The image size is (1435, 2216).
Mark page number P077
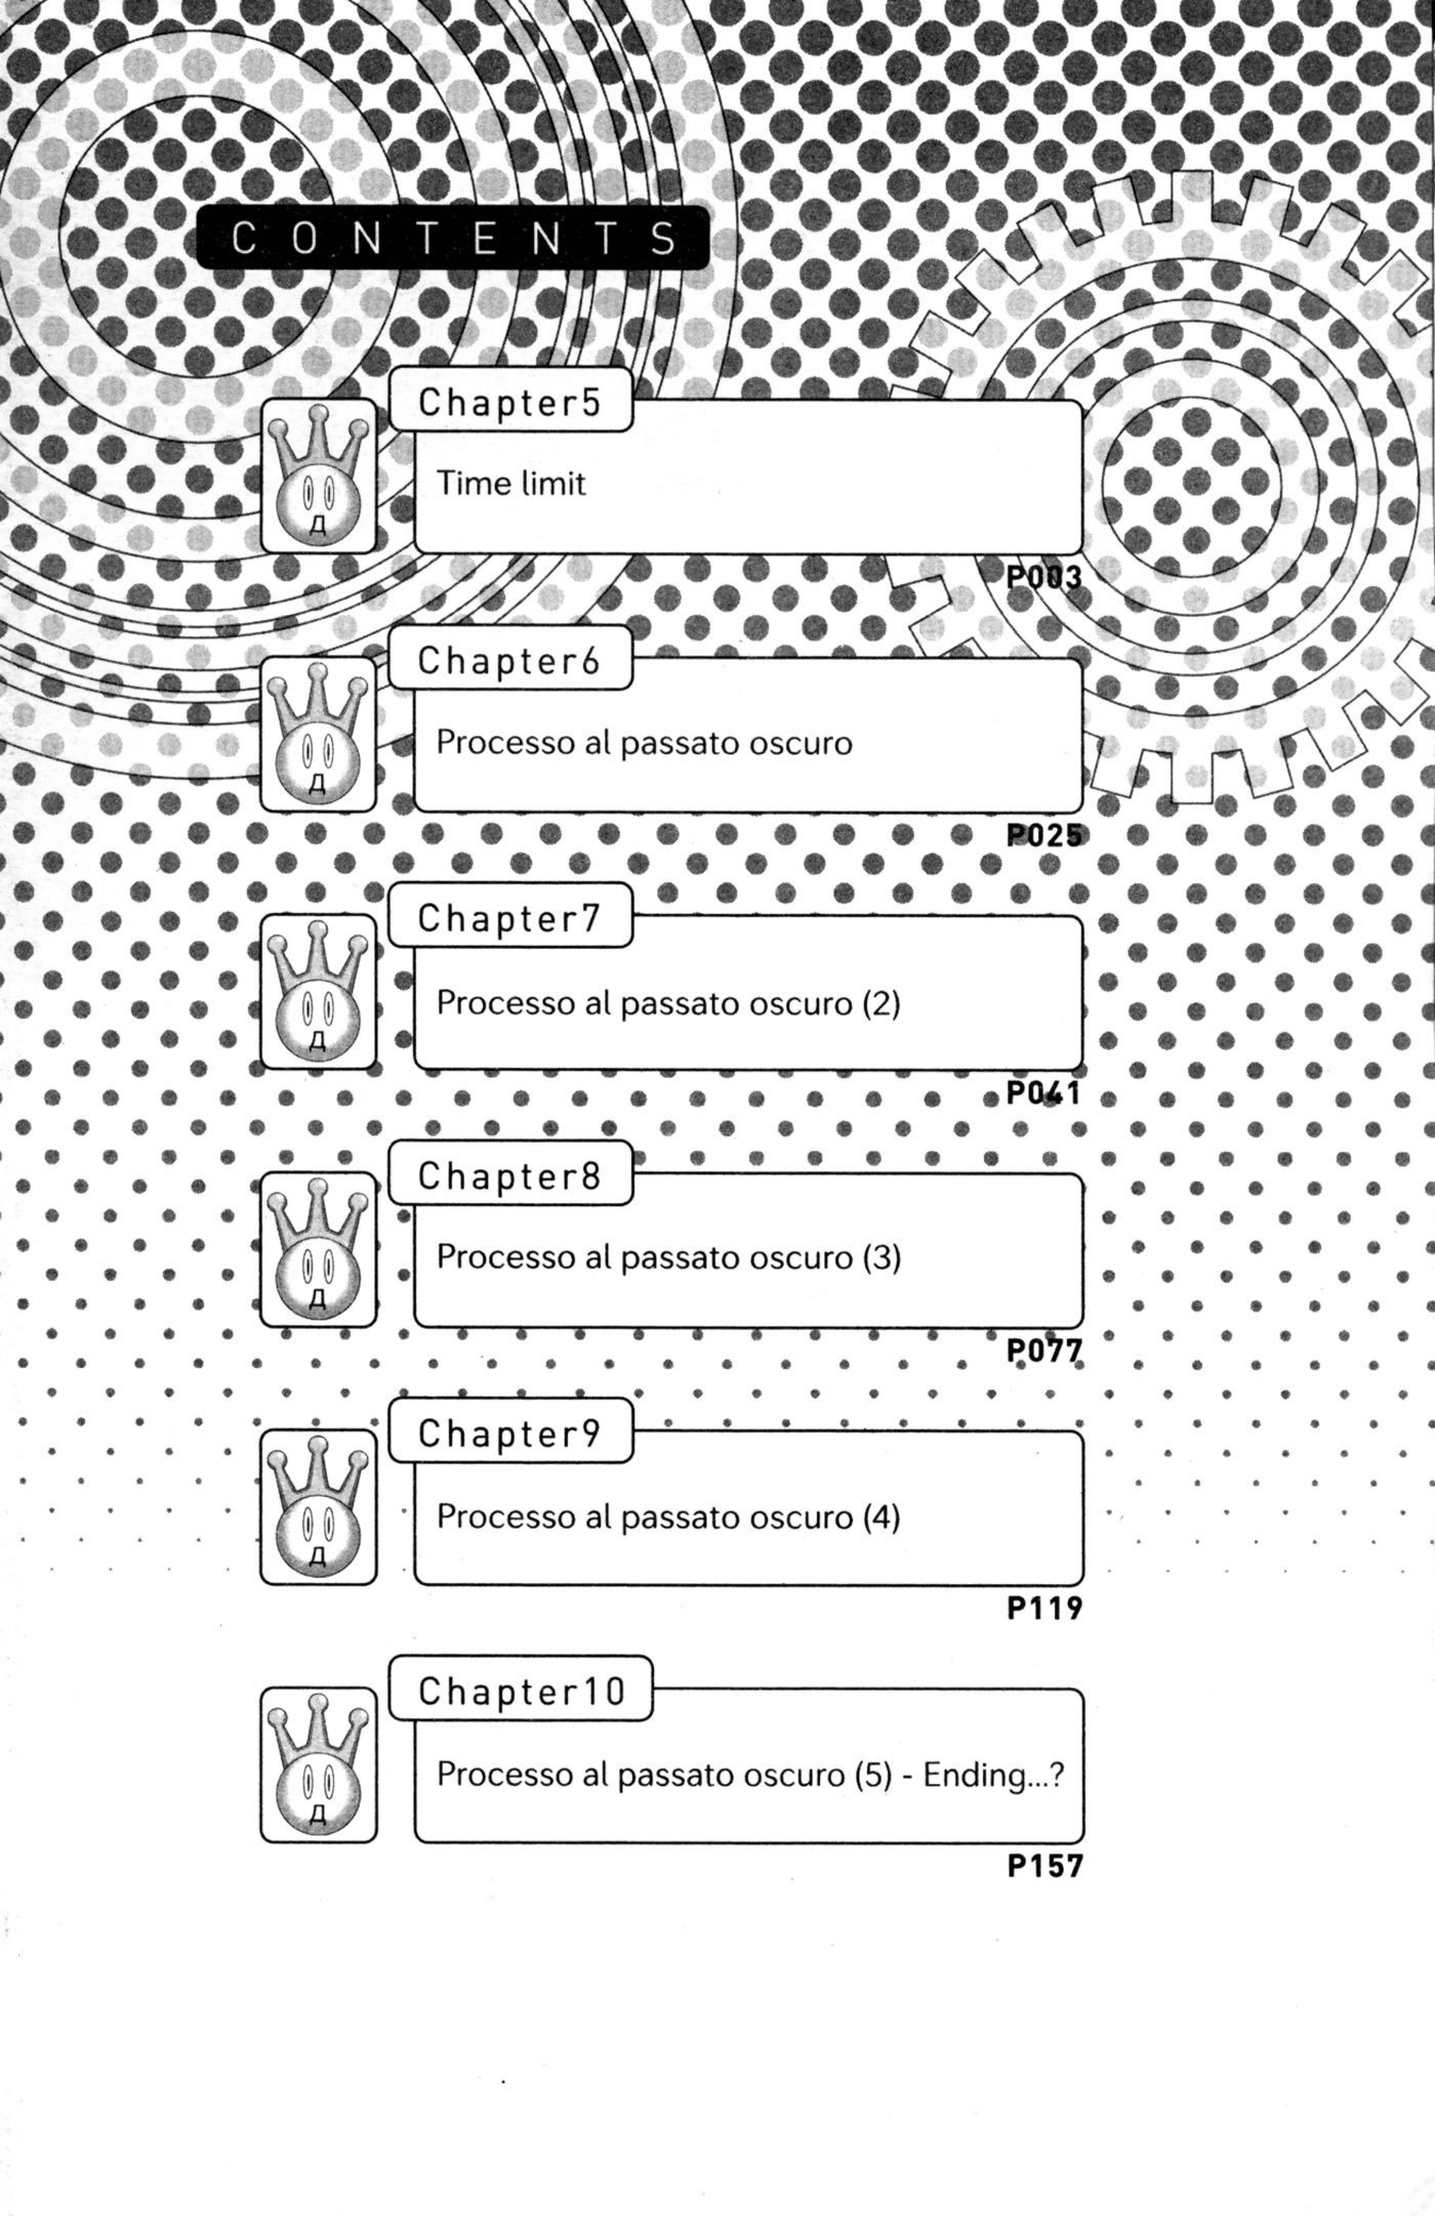click(x=1044, y=1350)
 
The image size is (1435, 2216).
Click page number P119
click(x=1044, y=1608)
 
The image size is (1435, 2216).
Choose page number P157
click(x=1044, y=1866)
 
